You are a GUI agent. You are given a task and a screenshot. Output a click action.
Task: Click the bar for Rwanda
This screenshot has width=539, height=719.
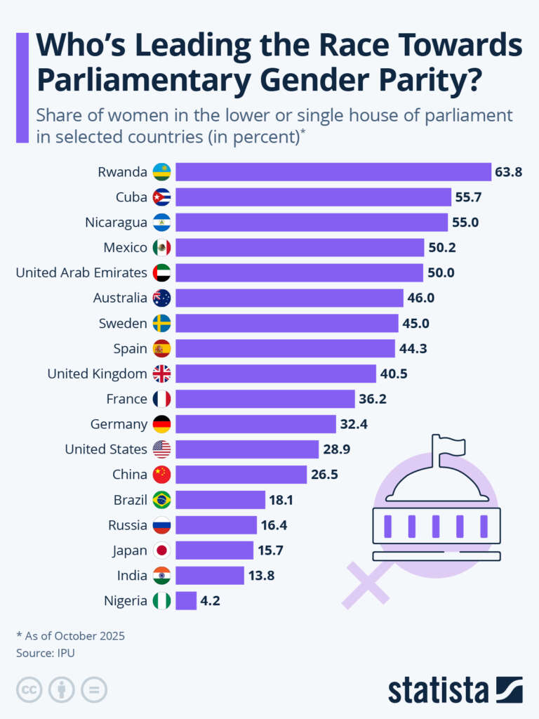(333, 172)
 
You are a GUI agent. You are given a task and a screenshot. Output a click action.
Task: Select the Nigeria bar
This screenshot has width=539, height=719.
(186, 600)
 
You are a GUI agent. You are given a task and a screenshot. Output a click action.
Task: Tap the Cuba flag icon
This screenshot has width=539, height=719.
(161, 197)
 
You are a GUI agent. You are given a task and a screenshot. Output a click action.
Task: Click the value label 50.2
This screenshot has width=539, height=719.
(441, 247)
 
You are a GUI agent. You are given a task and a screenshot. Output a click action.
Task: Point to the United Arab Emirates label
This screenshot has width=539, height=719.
(81, 272)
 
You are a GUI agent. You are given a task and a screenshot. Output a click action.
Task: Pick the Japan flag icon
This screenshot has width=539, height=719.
(161, 550)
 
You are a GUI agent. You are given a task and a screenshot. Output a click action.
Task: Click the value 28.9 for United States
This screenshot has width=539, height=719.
(336, 449)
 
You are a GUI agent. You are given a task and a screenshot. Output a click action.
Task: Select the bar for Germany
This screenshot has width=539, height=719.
(255, 424)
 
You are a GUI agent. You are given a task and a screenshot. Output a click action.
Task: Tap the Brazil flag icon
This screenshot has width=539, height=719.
(161, 500)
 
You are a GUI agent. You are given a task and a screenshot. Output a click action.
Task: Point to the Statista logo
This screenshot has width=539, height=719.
(455, 690)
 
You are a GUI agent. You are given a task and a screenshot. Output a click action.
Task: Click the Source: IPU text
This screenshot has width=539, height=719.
(45, 653)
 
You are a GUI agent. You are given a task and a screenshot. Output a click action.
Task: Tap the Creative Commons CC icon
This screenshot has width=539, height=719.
(29, 690)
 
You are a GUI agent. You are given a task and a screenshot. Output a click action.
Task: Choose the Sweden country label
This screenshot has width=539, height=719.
(123, 323)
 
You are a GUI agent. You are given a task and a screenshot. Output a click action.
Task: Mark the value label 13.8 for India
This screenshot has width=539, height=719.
(261, 576)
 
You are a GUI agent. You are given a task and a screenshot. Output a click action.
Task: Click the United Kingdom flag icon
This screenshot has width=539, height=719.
(161, 374)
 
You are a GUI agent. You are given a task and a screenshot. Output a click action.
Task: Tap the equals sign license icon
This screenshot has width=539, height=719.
(93, 690)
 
